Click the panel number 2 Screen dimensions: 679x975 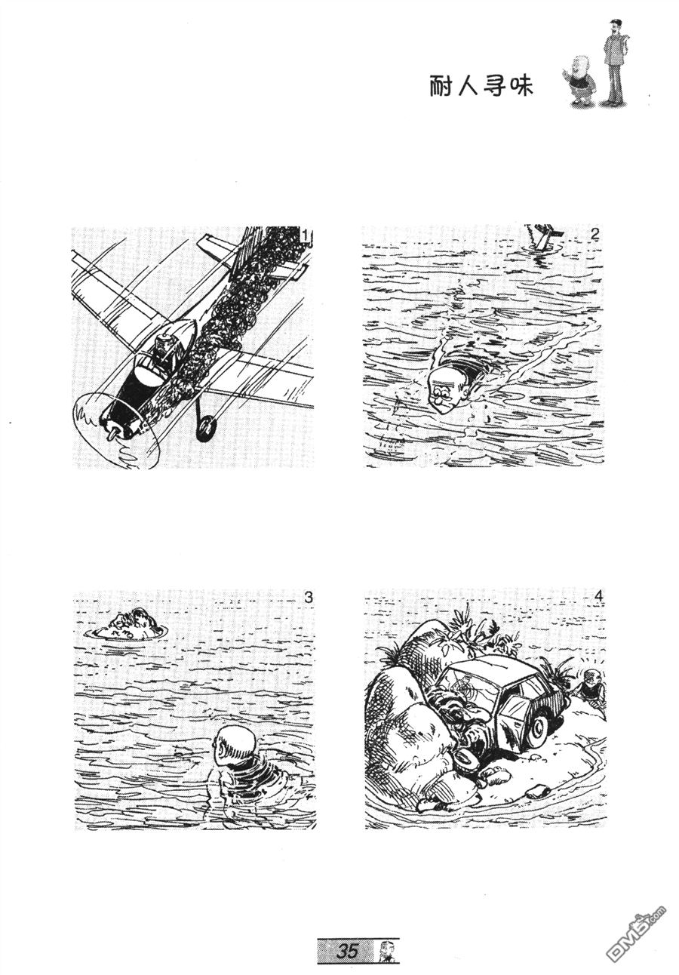coord(595,235)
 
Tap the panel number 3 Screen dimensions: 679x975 coord(308,598)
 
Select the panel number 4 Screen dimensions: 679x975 coord(599,596)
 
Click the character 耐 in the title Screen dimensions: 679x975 coord(440,87)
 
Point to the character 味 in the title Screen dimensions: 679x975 coord(522,87)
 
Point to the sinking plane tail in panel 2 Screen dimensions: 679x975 coord(542,236)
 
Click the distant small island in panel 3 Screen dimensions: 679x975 coord(130,625)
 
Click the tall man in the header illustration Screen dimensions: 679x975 coord(615,62)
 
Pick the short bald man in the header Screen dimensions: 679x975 coord(581,81)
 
